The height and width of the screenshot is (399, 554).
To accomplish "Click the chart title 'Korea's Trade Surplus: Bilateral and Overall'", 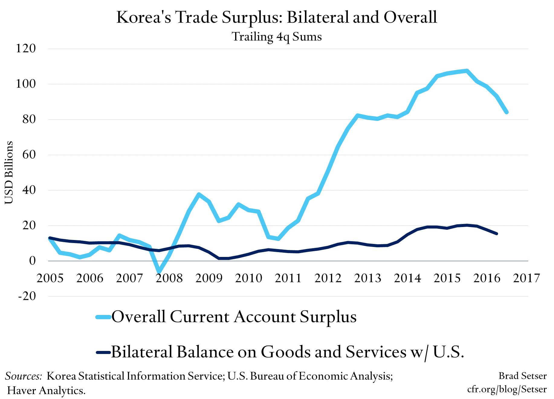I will [x=277, y=17].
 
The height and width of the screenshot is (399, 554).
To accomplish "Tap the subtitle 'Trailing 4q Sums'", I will [x=277, y=37].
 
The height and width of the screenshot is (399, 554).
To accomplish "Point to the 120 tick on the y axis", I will [x=26, y=48].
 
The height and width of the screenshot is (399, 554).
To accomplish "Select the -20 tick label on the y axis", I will [x=27, y=296].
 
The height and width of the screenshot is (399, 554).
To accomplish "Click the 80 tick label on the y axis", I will [x=26, y=119].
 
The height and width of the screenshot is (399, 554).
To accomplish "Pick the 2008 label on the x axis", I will [x=169, y=278].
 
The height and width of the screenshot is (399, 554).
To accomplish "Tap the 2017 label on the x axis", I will [x=526, y=278].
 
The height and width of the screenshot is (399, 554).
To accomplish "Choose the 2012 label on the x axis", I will [x=328, y=278].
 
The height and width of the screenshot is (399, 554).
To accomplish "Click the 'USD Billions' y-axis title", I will [x=9, y=172].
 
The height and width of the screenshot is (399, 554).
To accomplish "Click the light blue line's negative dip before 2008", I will [x=159, y=272].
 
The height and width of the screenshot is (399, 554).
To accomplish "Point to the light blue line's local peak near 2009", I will [x=199, y=194].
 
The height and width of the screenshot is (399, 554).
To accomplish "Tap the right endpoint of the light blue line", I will [x=507, y=112].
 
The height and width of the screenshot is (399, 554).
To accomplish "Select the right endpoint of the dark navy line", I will [x=497, y=234].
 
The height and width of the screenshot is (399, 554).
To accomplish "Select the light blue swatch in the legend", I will [x=103, y=317].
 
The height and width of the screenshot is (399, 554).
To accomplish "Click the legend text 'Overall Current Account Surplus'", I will [x=234, y=317].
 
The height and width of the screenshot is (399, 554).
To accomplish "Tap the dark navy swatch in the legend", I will [x=103, y=352].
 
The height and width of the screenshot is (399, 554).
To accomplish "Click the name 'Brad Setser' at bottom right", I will [x=522, y=376].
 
